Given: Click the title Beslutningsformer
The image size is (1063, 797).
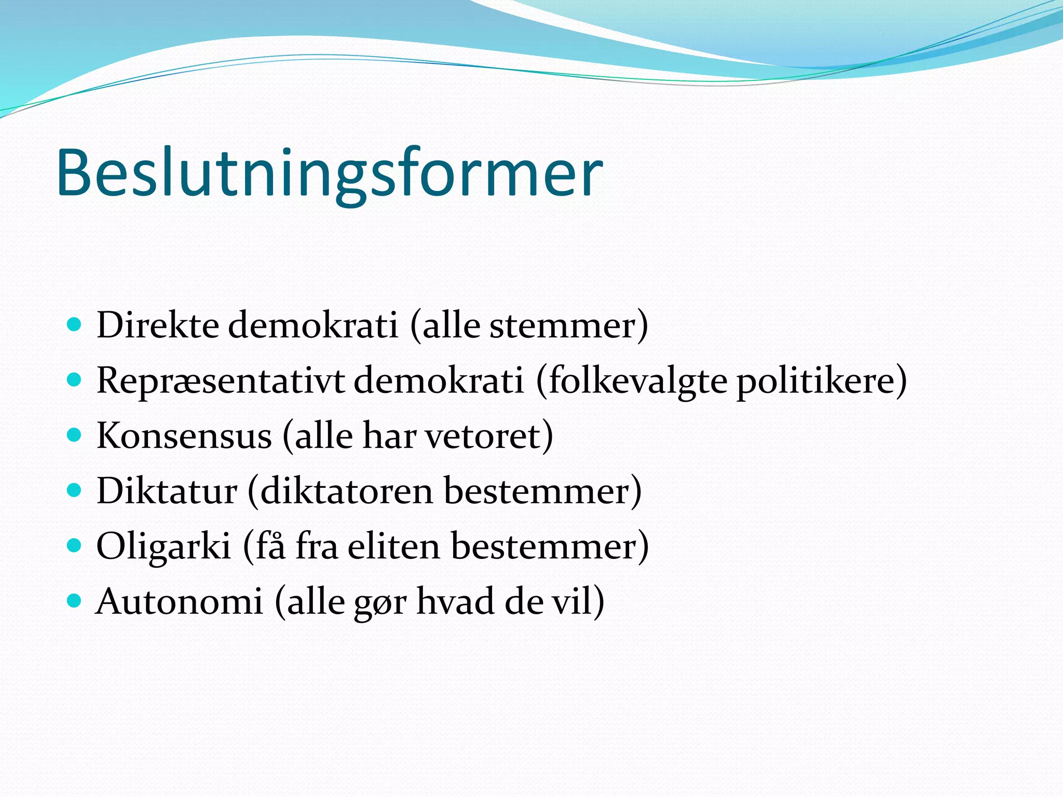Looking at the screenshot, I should (330, 173).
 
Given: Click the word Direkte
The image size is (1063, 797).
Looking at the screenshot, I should (157, 326).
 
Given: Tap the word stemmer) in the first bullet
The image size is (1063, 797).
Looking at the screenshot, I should (569, 326).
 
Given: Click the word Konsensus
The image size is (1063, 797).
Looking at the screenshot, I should (184, 436).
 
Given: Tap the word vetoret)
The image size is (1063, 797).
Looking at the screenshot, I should (489, 436).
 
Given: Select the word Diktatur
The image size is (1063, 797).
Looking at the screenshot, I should (167, 491).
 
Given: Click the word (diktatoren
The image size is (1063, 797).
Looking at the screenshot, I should (340, 491).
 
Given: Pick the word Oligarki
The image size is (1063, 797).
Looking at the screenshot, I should (163, 546).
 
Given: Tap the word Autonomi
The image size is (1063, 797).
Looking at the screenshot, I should (180, 602).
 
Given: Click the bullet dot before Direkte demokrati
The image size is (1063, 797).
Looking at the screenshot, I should (75, 326).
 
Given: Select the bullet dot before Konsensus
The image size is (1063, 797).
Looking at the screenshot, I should (75, 435).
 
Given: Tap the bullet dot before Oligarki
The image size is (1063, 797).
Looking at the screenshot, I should (75, 545).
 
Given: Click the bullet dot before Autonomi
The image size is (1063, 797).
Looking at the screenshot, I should (75, 601).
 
